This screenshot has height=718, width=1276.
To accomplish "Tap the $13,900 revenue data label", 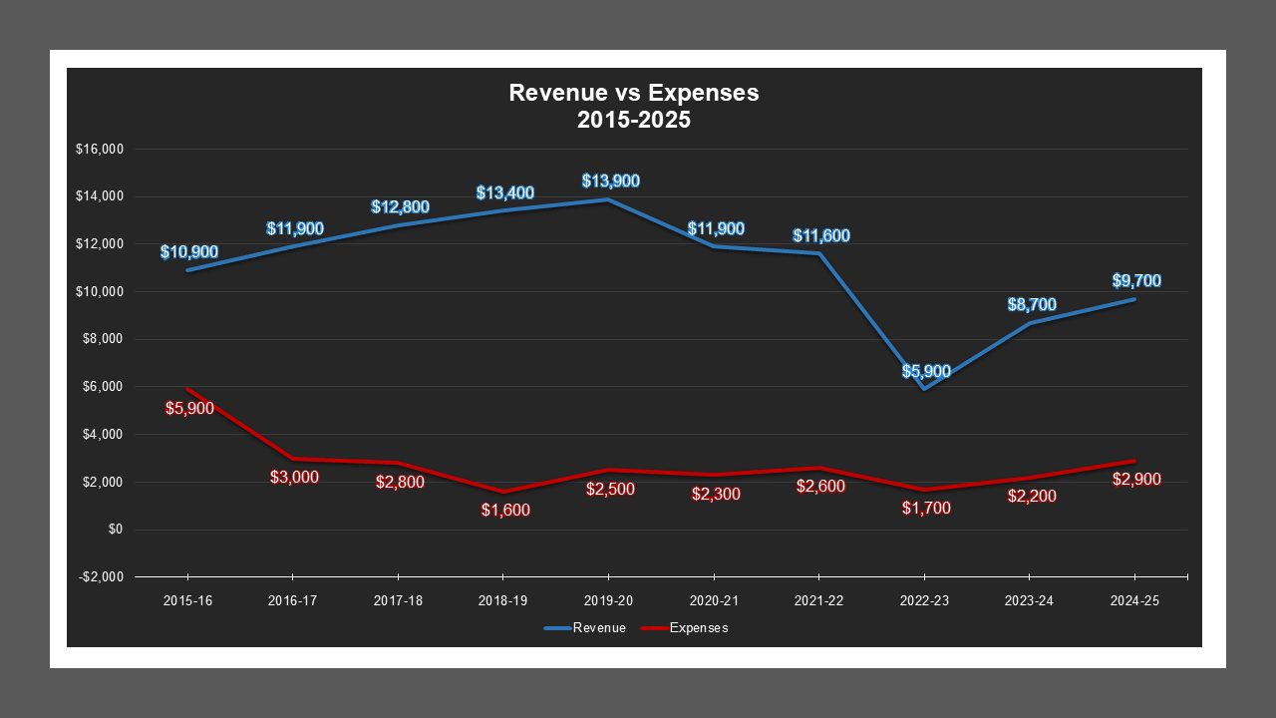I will point(610,181).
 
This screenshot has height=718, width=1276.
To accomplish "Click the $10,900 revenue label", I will point(189,252).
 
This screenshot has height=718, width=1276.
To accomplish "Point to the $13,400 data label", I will point(504,193).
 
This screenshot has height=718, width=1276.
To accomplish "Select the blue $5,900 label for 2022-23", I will point(926,372).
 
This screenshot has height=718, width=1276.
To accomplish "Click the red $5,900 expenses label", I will point(189,408).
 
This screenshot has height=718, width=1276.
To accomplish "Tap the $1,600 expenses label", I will point(504,510).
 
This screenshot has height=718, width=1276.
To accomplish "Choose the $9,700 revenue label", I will point(1136,281).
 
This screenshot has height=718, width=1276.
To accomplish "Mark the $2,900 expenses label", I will point(1136,480).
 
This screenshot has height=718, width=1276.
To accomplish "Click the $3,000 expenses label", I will point(294,478).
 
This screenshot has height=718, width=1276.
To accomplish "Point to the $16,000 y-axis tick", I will point(99,150).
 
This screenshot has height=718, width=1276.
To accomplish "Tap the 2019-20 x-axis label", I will point(608,601).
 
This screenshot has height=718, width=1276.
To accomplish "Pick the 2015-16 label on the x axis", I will point(187,601).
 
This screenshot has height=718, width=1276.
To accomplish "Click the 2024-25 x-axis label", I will point(1134,601).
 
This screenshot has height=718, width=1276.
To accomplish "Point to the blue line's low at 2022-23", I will point(925,389).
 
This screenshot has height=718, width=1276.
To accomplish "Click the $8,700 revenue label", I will point(1031,305).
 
